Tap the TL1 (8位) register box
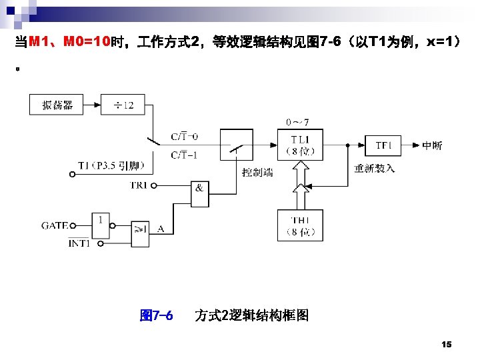[300, 145]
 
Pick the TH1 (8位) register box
[300, 225]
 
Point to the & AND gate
[199, 189]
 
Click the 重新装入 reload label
[375, 168]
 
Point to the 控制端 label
[257, 173]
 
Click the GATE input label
[55, 226]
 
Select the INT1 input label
[79, 244]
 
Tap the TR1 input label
[139, 185]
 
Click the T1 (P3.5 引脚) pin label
[116, 165]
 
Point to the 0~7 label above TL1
[297, 122]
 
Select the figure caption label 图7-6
[157, 315]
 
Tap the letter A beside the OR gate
[161, 229]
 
